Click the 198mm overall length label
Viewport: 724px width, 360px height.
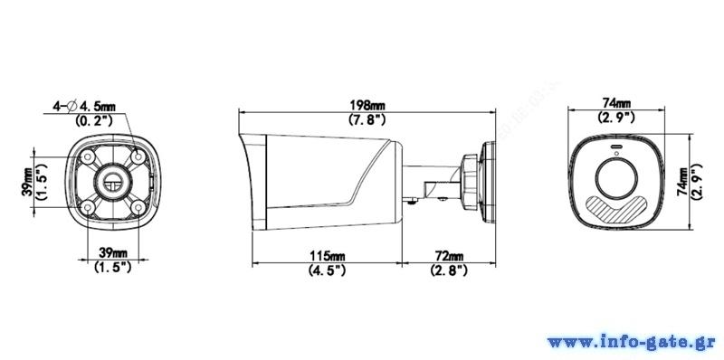pos(367,106)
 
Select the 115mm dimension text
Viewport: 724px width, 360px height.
pos(327,255)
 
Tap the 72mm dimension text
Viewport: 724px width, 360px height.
pos(449,255)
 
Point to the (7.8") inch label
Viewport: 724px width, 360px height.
pos(367,119)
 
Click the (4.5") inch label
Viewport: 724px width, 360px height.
pos(327,270)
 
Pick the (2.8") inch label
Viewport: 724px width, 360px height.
pos(449,270)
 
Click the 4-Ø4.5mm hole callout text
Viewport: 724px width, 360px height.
pos(84,107)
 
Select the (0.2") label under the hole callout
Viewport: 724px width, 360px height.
pos(94,121)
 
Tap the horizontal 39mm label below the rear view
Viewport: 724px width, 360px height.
pos(113,252)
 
